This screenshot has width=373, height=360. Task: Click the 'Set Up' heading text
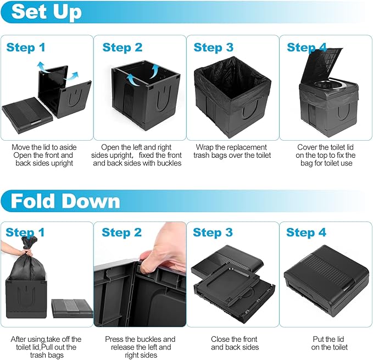pyautogui.click(x=46, y=12)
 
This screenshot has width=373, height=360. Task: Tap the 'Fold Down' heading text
pyautogui.click(x=65, y=201)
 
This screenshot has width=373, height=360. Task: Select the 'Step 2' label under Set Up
pyautogui.click(x=123, y=47)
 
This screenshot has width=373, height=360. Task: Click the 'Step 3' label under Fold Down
pyautogui.click(x=213, y=232)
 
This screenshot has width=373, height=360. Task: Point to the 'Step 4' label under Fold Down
pyautogui.click(x=306, y=232)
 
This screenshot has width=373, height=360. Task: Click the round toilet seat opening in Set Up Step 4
pyautogui.click(x=329, y=85)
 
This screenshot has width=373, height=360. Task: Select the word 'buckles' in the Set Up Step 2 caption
pyautogui.click(x=170, y=163)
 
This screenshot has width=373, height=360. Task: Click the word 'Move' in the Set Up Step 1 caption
pyautogui.click(x=20, y=147)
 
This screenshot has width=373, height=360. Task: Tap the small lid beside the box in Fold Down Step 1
pyautogui.click(x=73, y=308)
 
